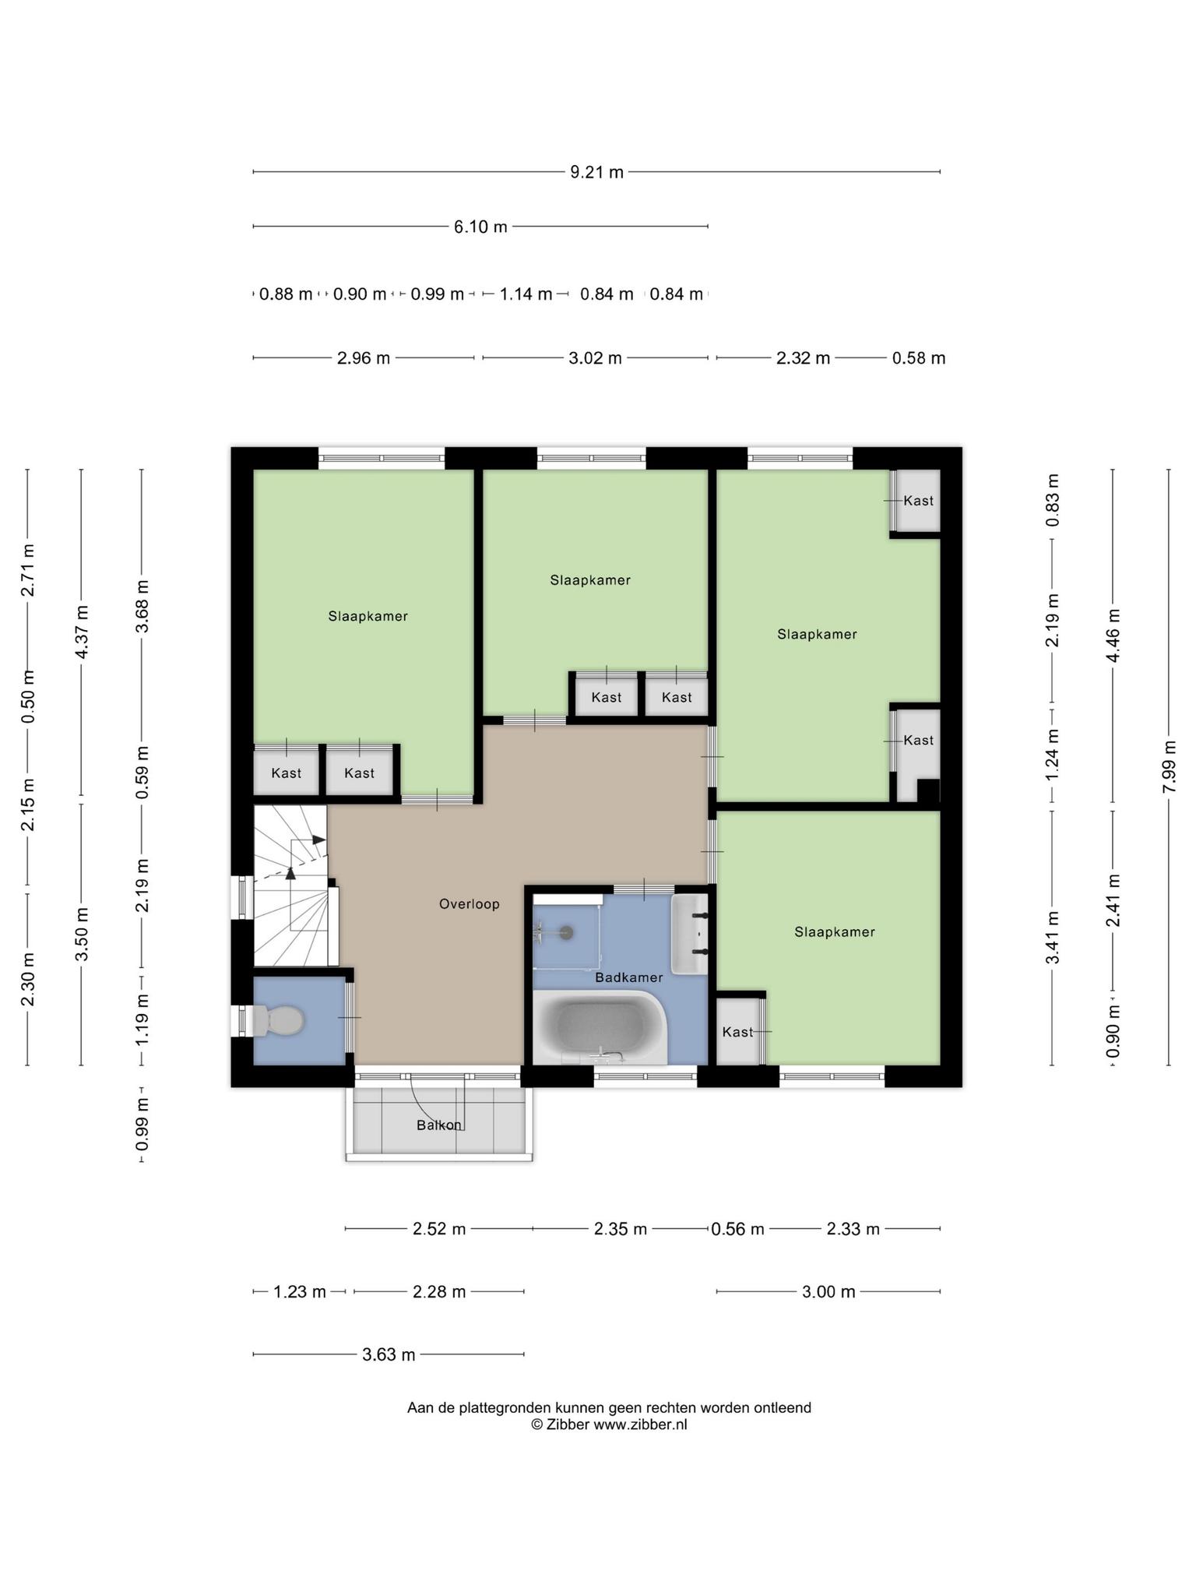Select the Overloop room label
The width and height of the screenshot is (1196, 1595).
pos(469,904)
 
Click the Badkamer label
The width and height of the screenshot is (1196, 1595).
pos(629,977)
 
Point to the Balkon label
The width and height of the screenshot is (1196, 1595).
pos(439,1125)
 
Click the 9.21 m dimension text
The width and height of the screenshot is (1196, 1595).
pos(597,172)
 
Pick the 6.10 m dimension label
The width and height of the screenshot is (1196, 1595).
pos(480,227)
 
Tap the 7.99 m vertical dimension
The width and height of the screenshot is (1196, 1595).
pos(1168,767)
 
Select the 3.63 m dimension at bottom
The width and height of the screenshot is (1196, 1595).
pos(389,1354)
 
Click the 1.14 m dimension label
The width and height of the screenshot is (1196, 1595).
pos(526,294)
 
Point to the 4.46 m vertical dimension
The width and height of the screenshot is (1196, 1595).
pos(1113,636)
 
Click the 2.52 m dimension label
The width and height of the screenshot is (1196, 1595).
pos(439,1229)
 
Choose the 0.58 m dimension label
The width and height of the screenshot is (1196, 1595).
pos(919,358)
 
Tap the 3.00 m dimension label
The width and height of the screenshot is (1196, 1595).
pos(828,1292)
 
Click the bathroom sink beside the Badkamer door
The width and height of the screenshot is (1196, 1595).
pos(690,934)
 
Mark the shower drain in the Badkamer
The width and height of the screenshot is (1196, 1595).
pos(566,930)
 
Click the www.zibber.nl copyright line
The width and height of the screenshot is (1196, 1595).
pos(609,1424)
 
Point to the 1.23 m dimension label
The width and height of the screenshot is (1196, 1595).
pos(300,1292)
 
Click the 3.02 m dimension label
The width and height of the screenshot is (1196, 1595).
pos(595,358)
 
